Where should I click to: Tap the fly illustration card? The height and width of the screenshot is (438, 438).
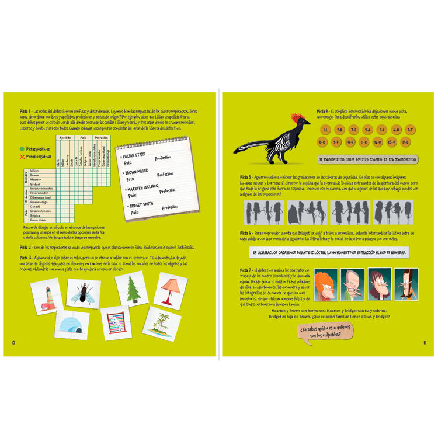85,292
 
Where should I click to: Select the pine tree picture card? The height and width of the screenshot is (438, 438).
131,289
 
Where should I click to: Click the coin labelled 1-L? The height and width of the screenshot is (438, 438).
325,130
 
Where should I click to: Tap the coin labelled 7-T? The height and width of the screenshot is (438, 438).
411,130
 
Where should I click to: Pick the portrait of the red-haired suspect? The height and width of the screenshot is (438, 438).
326,284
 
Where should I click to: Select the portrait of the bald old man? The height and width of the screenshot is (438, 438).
353,284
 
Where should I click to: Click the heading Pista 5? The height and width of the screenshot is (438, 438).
246,176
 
